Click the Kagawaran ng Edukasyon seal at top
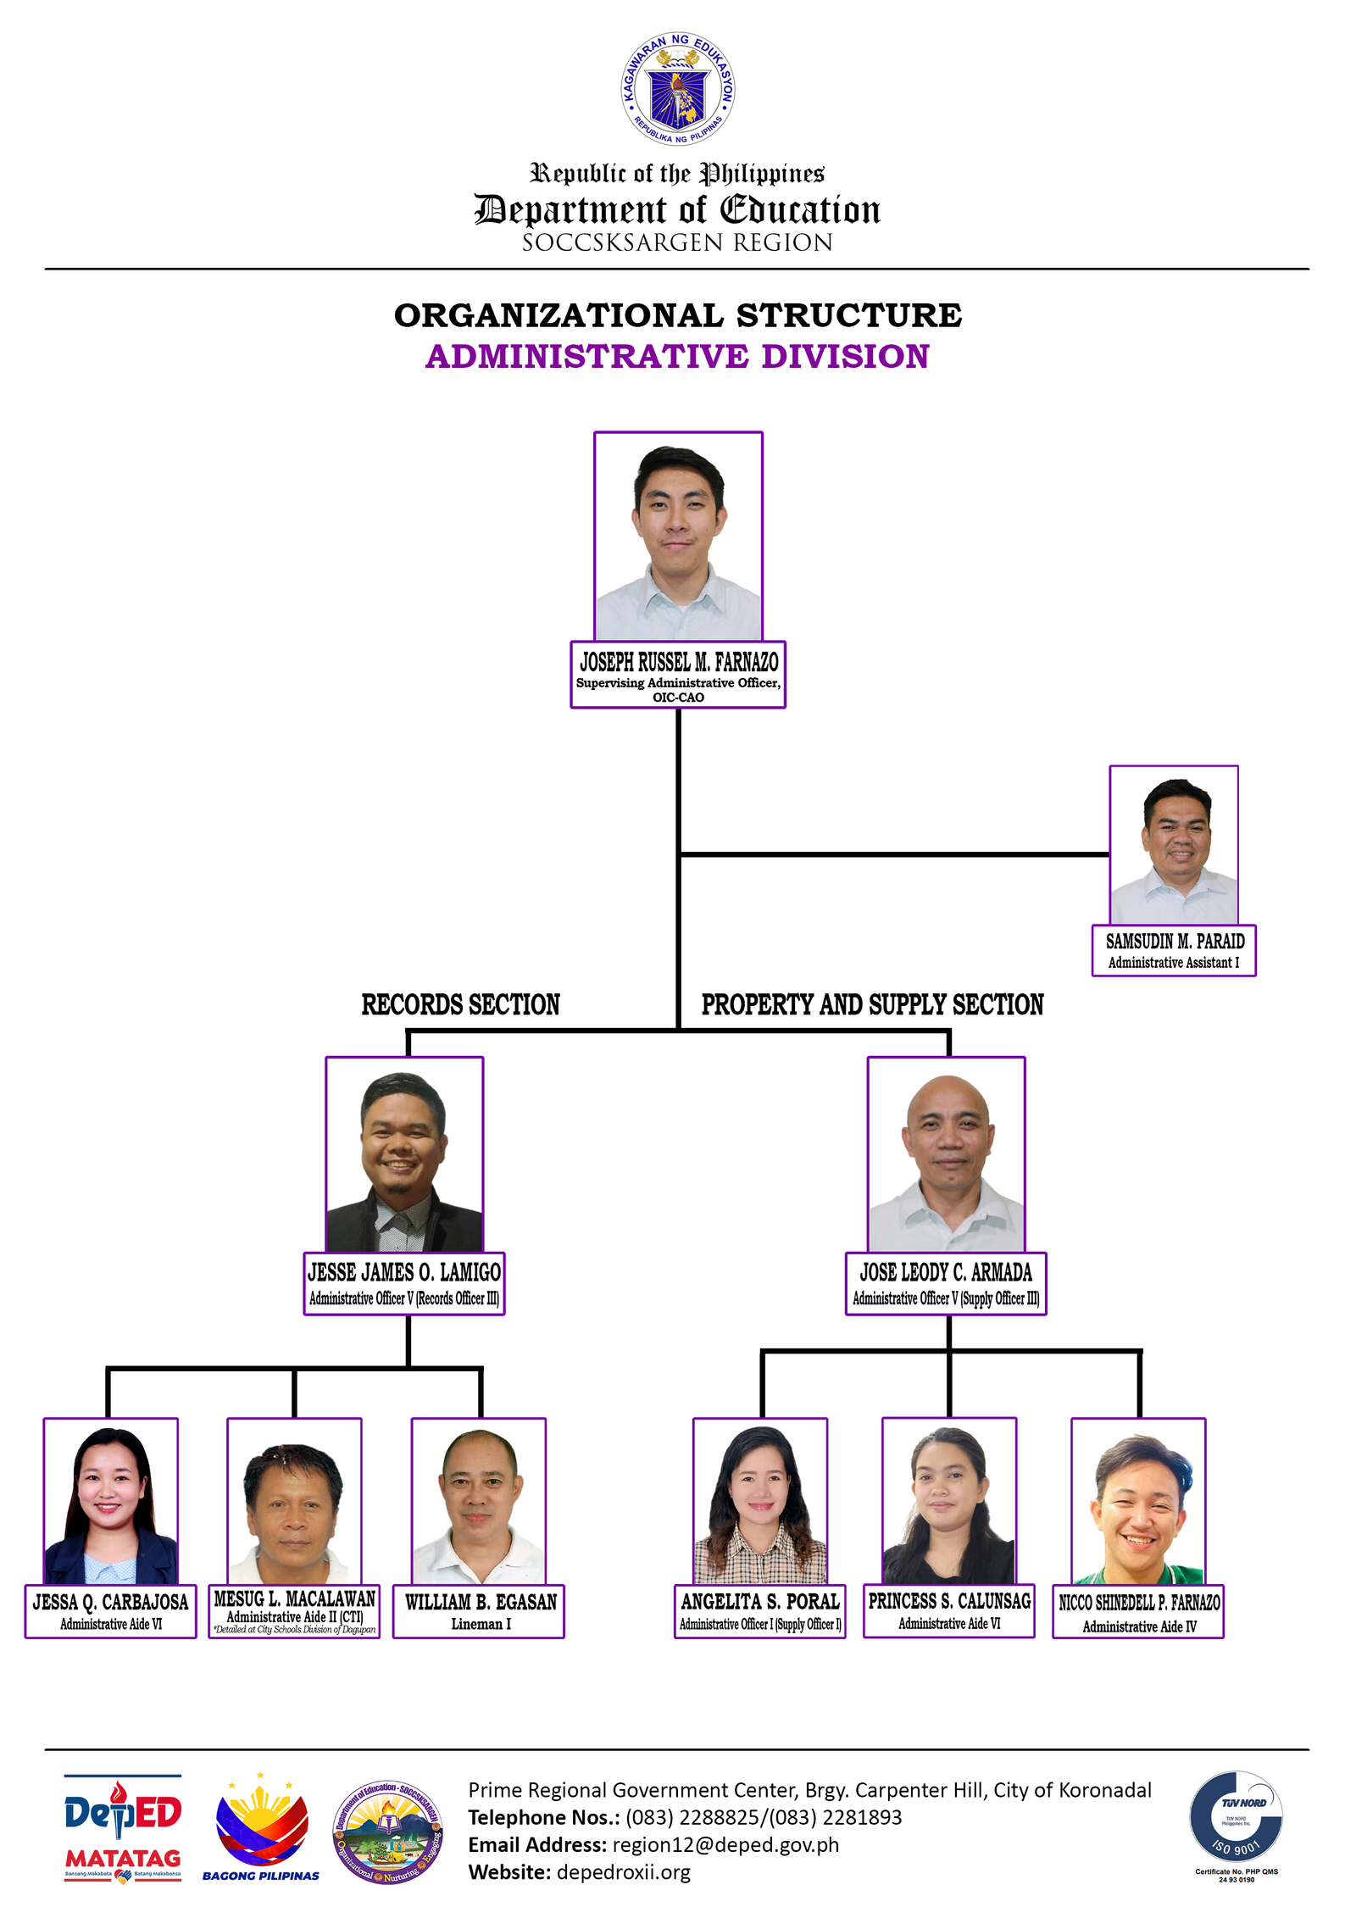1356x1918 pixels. pyautogui.click(x=677, y=89)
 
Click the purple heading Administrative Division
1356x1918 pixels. pyautogui.click(x=677, y=357)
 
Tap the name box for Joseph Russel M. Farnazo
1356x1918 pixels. pyautogui.click(x=677, y=675)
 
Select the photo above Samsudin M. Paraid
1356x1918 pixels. pyautogui.click(x=1173, y=845)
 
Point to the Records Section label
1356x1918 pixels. pyautogui.click(x=460, y=1004)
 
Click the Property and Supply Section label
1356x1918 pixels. pyautogui.click(x=872, y=1004)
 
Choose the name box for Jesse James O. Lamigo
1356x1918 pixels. pyautogui.click(x=404, y=1283)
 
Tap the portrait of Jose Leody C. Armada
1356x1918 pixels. pyautogui.click(x=946, y=1154)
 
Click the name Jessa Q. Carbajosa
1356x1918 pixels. pyautogui.click(x=110, y=1602)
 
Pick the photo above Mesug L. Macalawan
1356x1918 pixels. pyautogui.click(x=294, y=1501)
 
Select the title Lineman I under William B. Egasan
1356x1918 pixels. pyautogui.click(x=481, y=1624)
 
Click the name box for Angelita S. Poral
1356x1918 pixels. pyautogui.click(x=759, y=1611)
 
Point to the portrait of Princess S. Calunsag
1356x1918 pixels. pyautogui.click(x=948, y=1501)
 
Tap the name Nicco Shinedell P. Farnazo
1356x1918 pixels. pyautogui.click(x=1138, y=1603)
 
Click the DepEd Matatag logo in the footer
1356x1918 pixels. pyautogui.click(x=123, y=1828)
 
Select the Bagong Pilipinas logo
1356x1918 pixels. pyautogui.click(x=261, y=1828)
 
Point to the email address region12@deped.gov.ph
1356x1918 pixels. pyautogui.click(x=725, y=1845)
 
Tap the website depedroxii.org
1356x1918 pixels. pyautogui.click(x=623, y=1872)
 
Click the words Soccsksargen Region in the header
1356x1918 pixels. pyautogui.click(x=677, y=243)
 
